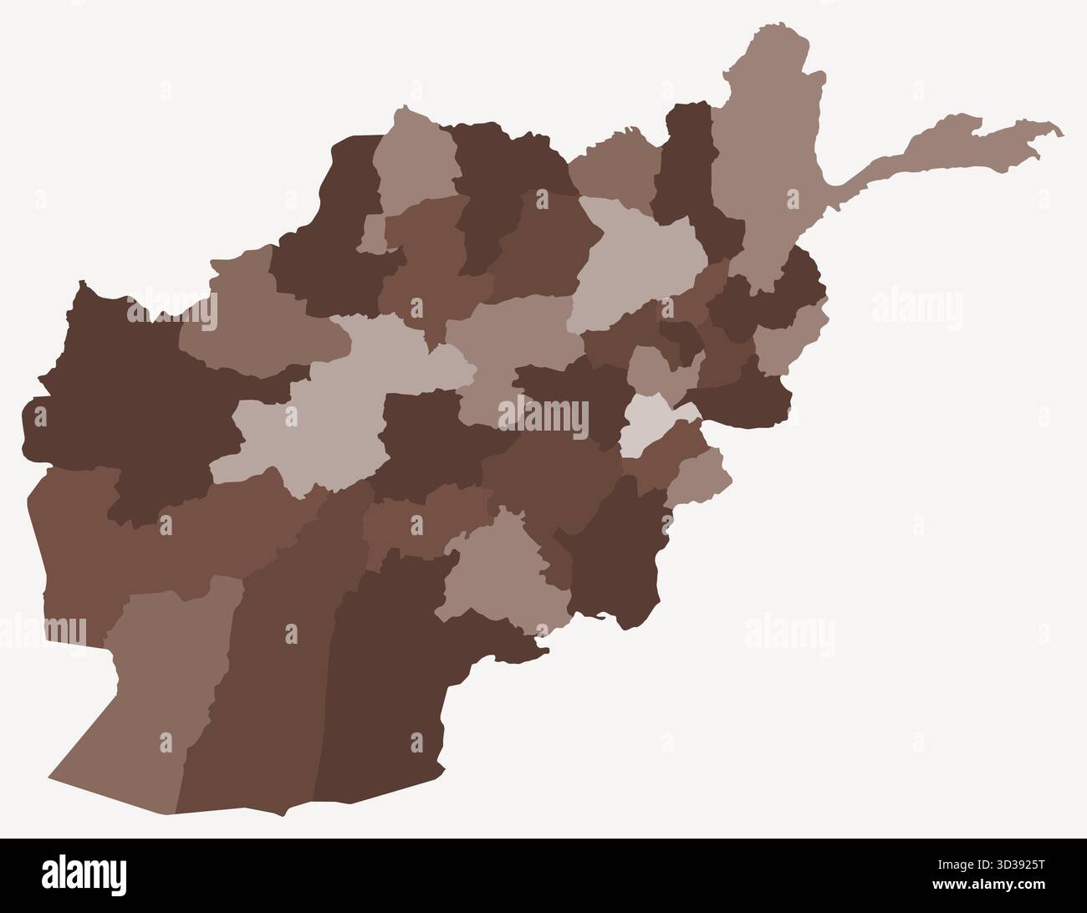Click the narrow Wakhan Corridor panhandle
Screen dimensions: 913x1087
tap(945, 150)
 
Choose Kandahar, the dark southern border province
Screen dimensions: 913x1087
tap(393, 669)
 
